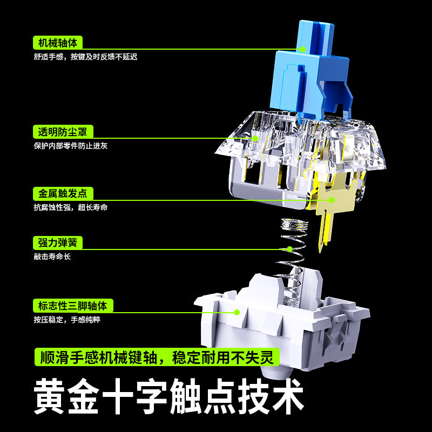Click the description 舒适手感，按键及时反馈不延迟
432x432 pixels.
[85, 56]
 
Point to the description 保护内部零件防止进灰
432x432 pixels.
[70, 146]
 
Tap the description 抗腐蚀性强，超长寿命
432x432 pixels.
[70, 207]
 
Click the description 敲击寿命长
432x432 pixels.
[52, 257]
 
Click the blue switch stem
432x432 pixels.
[310, 70]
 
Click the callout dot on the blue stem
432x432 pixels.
[303, 49]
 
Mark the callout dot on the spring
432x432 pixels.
[289, 249]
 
